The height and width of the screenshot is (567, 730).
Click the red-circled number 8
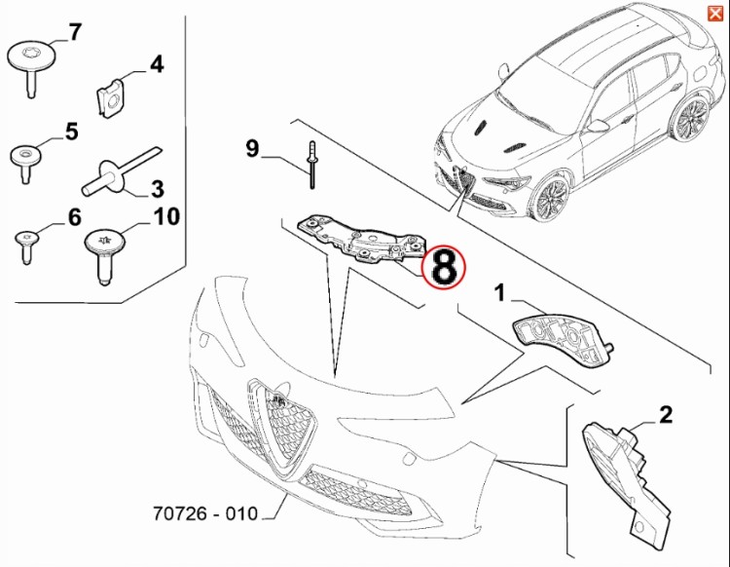tap(443, 266)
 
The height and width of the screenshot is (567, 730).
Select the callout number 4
tap(156, 65)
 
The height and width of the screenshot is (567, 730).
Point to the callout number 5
tap(71, 130)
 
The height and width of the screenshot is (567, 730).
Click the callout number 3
tap(156, 188)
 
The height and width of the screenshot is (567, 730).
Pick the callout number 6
tap(73, 216)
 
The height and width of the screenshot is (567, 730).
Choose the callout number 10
tap(166, 215)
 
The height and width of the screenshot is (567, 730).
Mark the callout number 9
tap(252, 149)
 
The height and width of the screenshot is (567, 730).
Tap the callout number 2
tap(666, 416)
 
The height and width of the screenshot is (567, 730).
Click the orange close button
tap(715, 12)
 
